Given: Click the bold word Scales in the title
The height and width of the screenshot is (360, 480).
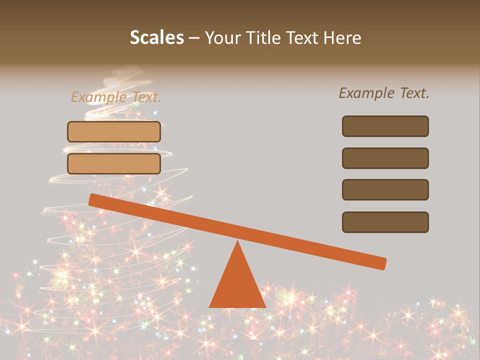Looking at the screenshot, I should click(x=156, y=37).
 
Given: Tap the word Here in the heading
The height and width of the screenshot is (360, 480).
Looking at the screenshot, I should click(x=342, y=37).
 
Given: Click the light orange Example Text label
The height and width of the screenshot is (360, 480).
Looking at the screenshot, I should click(x=115, y=97).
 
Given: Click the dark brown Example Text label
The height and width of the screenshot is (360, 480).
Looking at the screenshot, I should click(x=384, y=93).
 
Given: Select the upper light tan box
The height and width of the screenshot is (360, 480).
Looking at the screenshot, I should click(x=114, y=131).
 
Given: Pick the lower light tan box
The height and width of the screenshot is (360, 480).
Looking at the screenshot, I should click(x=114, y=163).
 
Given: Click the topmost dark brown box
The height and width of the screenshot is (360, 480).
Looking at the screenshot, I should click(x=385, y=126).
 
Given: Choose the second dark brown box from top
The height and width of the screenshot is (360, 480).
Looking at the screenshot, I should click(x=385, y=158).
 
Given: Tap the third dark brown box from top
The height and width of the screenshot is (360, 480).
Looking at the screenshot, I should click(x=385, y=190).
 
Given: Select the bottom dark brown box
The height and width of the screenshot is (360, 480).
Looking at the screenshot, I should click(x=385, y=222).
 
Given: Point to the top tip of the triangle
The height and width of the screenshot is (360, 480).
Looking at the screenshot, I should click(x=237, y=242).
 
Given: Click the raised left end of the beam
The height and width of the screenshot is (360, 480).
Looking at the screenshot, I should click(x=93, y=199).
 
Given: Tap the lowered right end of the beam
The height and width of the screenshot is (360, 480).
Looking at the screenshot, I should click(x=382, y=263).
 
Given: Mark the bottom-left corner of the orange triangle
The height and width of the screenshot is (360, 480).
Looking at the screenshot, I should click(x=210, y=306).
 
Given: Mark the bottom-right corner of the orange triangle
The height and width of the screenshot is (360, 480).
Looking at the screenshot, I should click(x=265, y=306).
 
